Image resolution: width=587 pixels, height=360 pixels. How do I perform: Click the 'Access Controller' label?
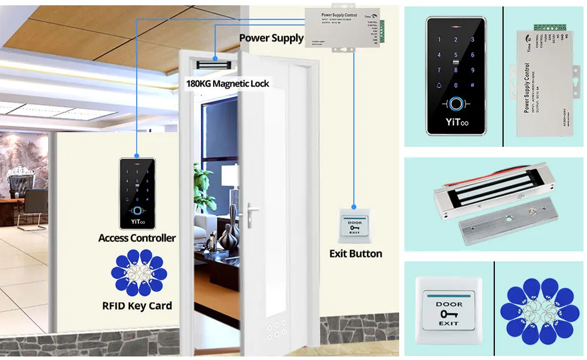pyautogui.click(x=137, y=238)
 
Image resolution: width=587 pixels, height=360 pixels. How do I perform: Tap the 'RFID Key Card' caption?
pyautogui.click(x=137, y=305)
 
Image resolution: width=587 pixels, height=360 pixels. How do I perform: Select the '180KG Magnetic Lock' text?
pyautogui.click(x=228, y=83)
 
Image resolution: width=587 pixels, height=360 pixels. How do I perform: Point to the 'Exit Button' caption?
pyautogui.click(x=356, y=254)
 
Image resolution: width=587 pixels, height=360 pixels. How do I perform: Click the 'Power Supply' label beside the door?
pyautogui.click(x=271, y=38)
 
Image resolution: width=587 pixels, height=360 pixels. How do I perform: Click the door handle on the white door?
pyautogui.click(x=252, y=210)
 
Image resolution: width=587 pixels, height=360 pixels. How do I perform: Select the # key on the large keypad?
pyautogui.click(x=473, y=85)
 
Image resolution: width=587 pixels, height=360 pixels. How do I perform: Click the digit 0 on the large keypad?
pyautogui.click(x=457, y=85)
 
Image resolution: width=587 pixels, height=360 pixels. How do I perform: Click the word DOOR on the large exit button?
pyautogui.click(x=448, y=304)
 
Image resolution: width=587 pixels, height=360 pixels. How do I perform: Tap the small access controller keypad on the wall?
pyautogui.click(x=137, y=193)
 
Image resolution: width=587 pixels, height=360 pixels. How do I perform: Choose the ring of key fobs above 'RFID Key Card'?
pyautogui.click(x=137, y=273)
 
